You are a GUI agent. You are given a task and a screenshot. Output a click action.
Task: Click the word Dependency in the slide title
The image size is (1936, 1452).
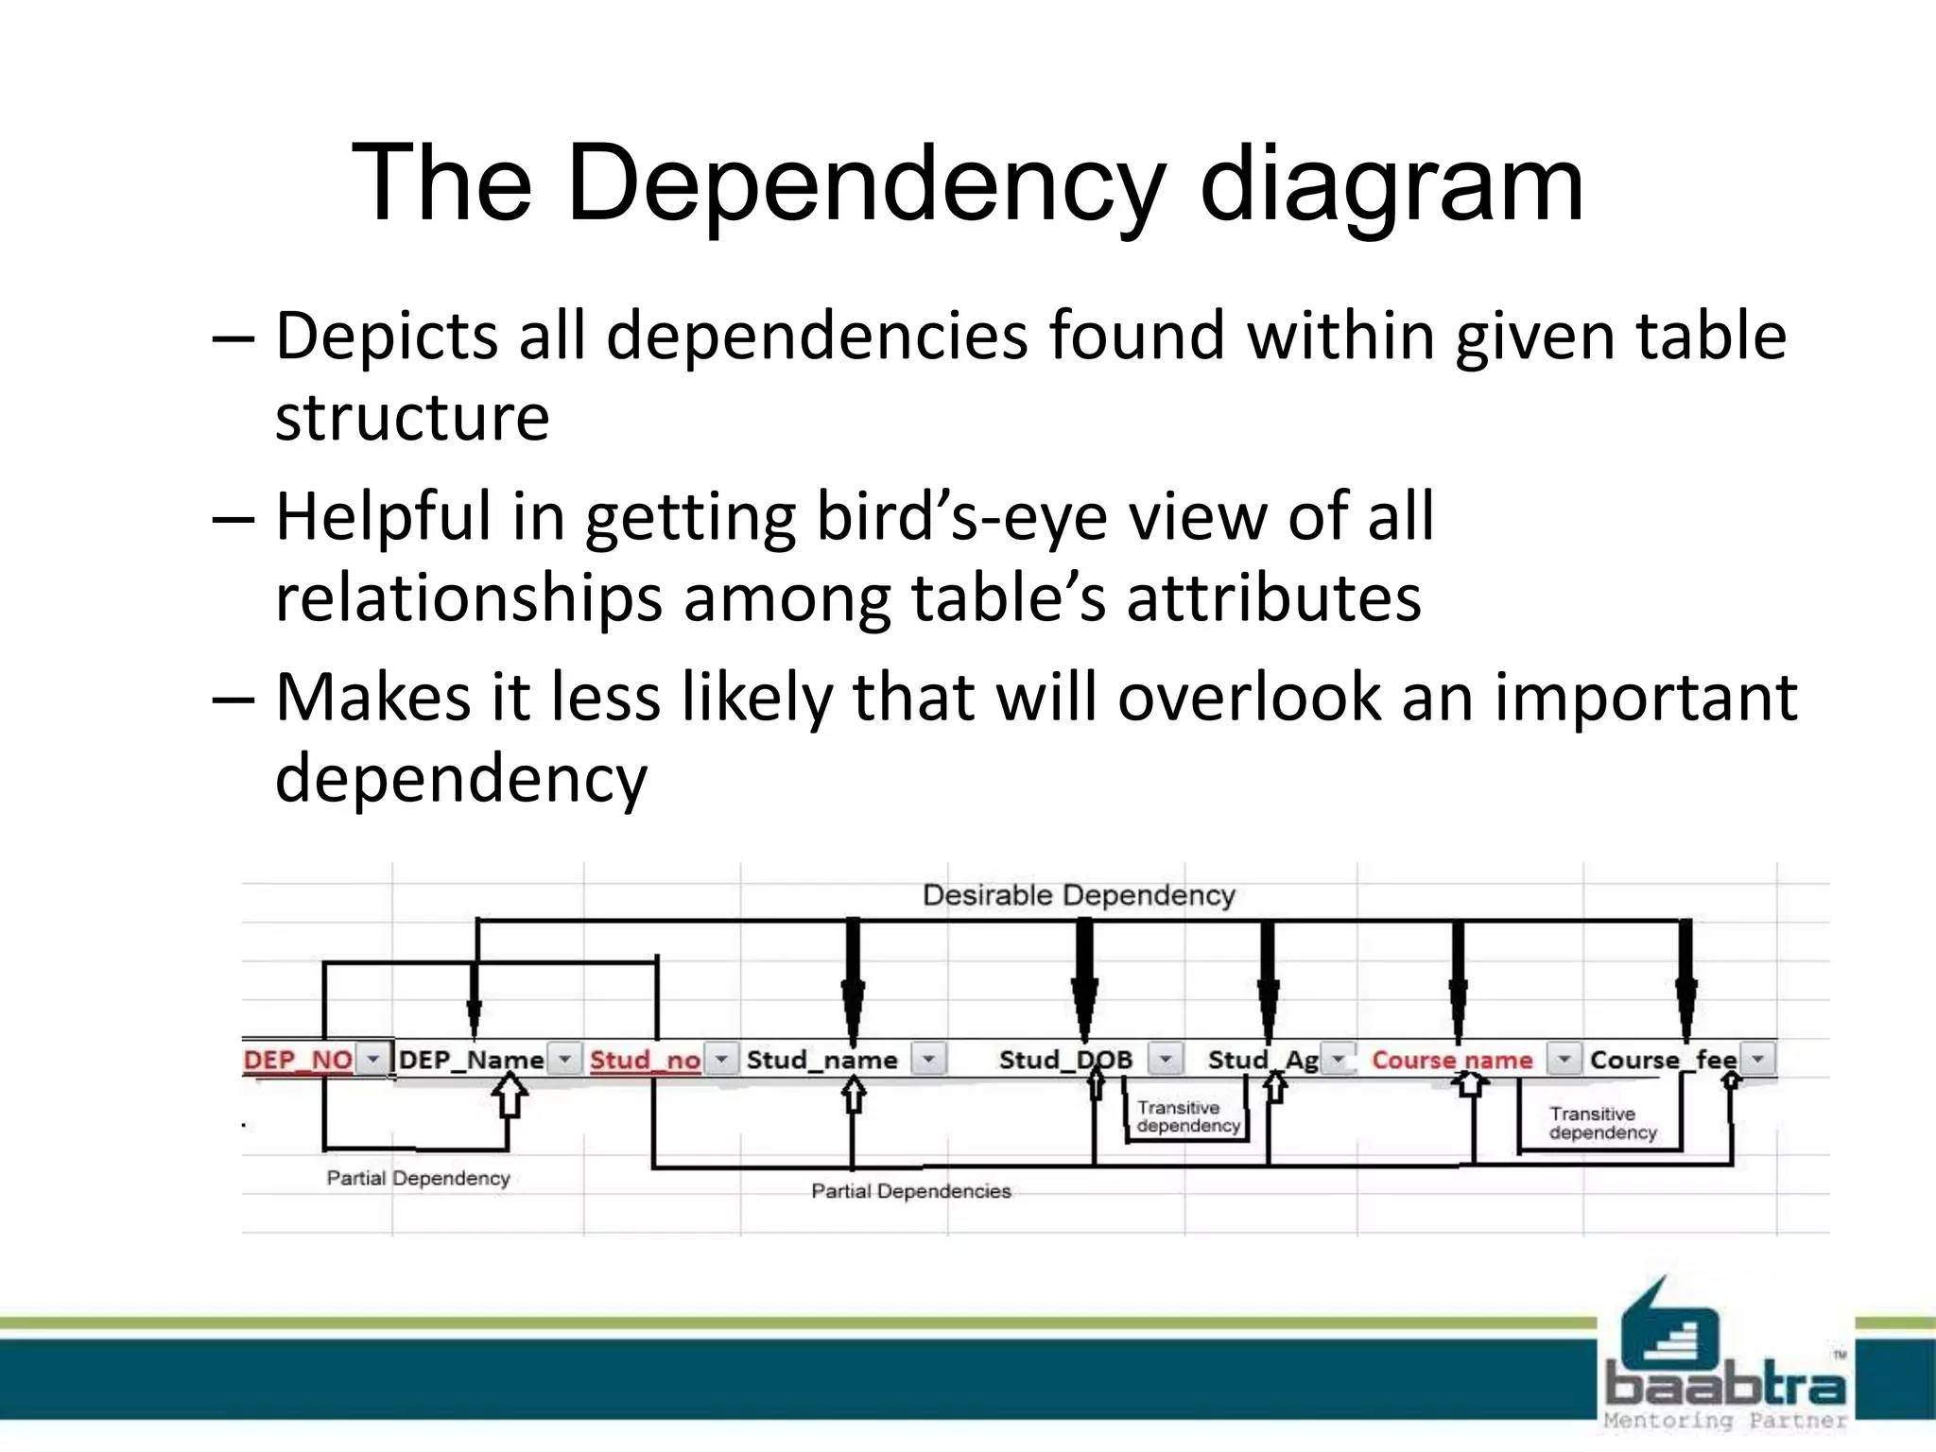pyautogui.click(x=864, y=185)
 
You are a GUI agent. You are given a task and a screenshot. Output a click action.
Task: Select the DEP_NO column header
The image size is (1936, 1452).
pyautogui.click(x=298, y=1060)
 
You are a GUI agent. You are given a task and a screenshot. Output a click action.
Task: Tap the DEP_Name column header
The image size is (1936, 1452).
pyautogui.click(x=471, y=1060)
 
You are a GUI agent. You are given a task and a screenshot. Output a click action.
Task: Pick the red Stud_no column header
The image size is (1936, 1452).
pyautogui.click(x=645, y=1060)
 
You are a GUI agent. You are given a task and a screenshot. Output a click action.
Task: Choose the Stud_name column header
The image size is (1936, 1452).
pyautogui.click(x=821, y=1060)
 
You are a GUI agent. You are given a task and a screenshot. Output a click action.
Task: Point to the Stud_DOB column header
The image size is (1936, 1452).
pyautogui.click(x=1065, y=1060)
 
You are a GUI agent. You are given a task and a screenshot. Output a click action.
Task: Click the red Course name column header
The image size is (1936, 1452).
pyautogui.click(x=1452, y=1060)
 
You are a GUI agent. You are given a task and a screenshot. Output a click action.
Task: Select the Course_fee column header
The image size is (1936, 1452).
pyautogui.click(x=1663, y=1060)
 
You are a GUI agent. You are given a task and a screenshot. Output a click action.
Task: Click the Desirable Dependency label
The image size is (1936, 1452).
pyautogui.click(x=1079, y=895)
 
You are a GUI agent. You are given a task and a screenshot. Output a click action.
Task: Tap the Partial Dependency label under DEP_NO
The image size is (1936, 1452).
pyautogui.click(x=418, y=1178)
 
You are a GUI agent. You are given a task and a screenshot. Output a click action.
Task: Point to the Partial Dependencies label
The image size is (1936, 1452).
pyautogui.click(x=911, y=1191)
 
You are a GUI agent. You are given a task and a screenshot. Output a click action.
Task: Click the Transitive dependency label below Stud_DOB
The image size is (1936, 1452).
pyautogui.click(x=1187, y=1116)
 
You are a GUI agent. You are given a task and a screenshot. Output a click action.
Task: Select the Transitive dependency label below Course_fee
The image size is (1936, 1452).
pyautogui.click(x=1602, y=1123)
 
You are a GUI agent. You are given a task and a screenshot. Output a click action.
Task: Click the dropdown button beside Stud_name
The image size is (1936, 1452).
pyautogui.click(x=928, y=1060)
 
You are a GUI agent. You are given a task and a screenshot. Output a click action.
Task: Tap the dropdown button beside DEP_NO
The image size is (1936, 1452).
pyautogui.click(x=373, y=1059)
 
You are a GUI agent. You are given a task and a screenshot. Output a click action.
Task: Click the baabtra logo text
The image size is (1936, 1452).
pyautogui.click(x=1725, y=1386)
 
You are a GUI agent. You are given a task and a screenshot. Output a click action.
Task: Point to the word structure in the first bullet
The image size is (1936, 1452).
pyautogui.click(x=412, y=418)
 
